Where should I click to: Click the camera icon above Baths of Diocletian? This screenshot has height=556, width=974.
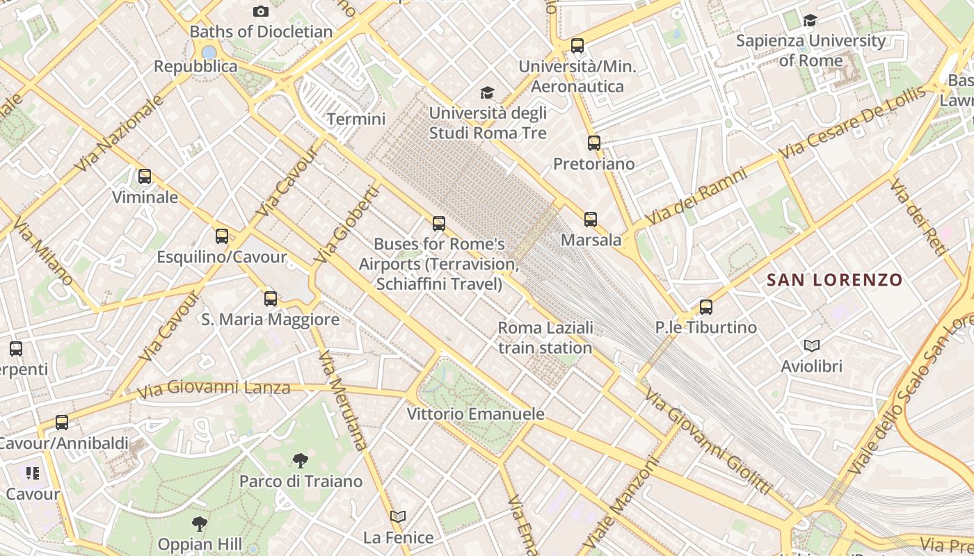tap(261, 11)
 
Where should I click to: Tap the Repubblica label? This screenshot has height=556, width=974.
tap(195, 67)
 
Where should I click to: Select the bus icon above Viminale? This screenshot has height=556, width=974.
tap(145, 177)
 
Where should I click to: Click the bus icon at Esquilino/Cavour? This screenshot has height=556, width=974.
tap(222, 236)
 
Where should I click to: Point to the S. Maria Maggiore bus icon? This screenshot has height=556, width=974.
tap(271, 299)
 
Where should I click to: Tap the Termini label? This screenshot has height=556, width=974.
tap(356, 119)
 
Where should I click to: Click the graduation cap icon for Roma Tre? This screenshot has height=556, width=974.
tap(488, 92)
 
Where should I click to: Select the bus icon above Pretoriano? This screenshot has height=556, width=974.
tap(594, 143)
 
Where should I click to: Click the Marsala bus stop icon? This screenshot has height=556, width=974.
tap(591, 220)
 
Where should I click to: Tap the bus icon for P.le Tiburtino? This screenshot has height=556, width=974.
tap(706, 306)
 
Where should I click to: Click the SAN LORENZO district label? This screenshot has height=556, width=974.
tap(834, 280)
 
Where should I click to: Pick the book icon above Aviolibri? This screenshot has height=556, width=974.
tap(811, 345)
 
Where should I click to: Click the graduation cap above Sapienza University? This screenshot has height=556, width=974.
tap(811, 21)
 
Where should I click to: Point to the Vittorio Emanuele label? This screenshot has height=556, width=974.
tap(476, 414)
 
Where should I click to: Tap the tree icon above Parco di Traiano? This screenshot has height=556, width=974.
tap(301, 460)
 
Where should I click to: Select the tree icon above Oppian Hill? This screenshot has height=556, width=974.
tap(200, 523)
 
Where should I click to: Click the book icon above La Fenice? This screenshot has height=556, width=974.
tap(398, 517)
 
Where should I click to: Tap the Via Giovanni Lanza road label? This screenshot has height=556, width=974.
tap(214, 388)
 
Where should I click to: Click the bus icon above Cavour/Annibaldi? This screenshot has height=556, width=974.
tap(62, 423)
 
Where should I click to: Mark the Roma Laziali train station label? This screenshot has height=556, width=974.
tap(545, 337)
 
